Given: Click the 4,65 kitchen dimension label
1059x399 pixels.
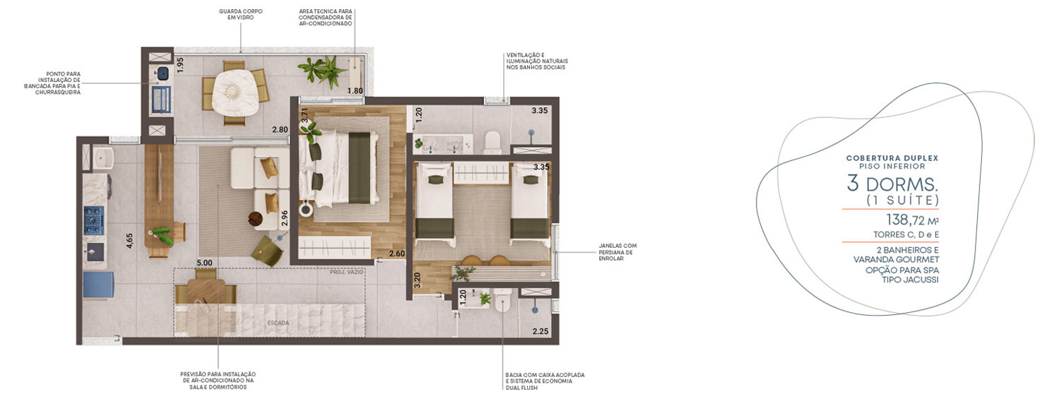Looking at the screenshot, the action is [x=129, y=240].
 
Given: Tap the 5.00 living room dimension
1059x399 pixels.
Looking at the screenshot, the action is [x=205, y=263].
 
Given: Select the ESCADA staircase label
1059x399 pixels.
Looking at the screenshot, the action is [x=278, y=323].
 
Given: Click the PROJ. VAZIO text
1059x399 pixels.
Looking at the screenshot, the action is [x=347, y=273].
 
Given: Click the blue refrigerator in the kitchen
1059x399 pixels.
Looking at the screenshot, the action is [x=98, y=285].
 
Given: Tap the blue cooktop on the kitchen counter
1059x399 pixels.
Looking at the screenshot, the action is [x=94, y=220].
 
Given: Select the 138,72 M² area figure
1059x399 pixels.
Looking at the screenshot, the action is [x=912, y=220].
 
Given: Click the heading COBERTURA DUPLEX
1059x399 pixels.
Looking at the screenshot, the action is [x=892, y=158].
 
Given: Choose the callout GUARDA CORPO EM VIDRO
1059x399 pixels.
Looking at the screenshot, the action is [x=241, y=14].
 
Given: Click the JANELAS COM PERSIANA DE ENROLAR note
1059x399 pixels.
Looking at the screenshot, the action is [x=617, y=252].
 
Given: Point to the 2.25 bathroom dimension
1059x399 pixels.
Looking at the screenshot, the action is [x=540, y=331].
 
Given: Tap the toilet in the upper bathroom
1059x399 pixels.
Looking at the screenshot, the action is [x=492, y=142].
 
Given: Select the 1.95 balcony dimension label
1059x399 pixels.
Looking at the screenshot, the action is [x=179, y=65].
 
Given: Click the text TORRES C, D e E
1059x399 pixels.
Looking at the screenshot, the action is [x=906, y=234].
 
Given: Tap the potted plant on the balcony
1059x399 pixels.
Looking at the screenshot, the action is [x=323, y=72].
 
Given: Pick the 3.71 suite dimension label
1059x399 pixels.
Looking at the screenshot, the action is [x=305, y=116].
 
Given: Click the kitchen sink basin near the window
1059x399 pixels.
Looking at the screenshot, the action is [x=103, y=158].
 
